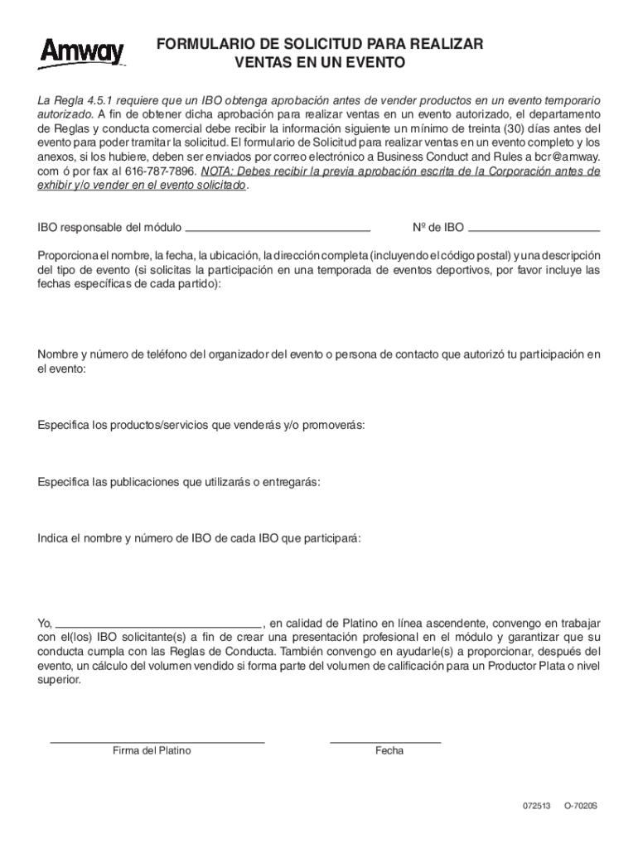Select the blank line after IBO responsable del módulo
[278, 227]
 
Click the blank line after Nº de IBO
[534, 227]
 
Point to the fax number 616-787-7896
[162, 171]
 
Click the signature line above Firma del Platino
[157, 740]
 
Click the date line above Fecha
[385, 740]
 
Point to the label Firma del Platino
[152, 751]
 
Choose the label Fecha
[389, 751]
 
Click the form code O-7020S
[581, 806]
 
